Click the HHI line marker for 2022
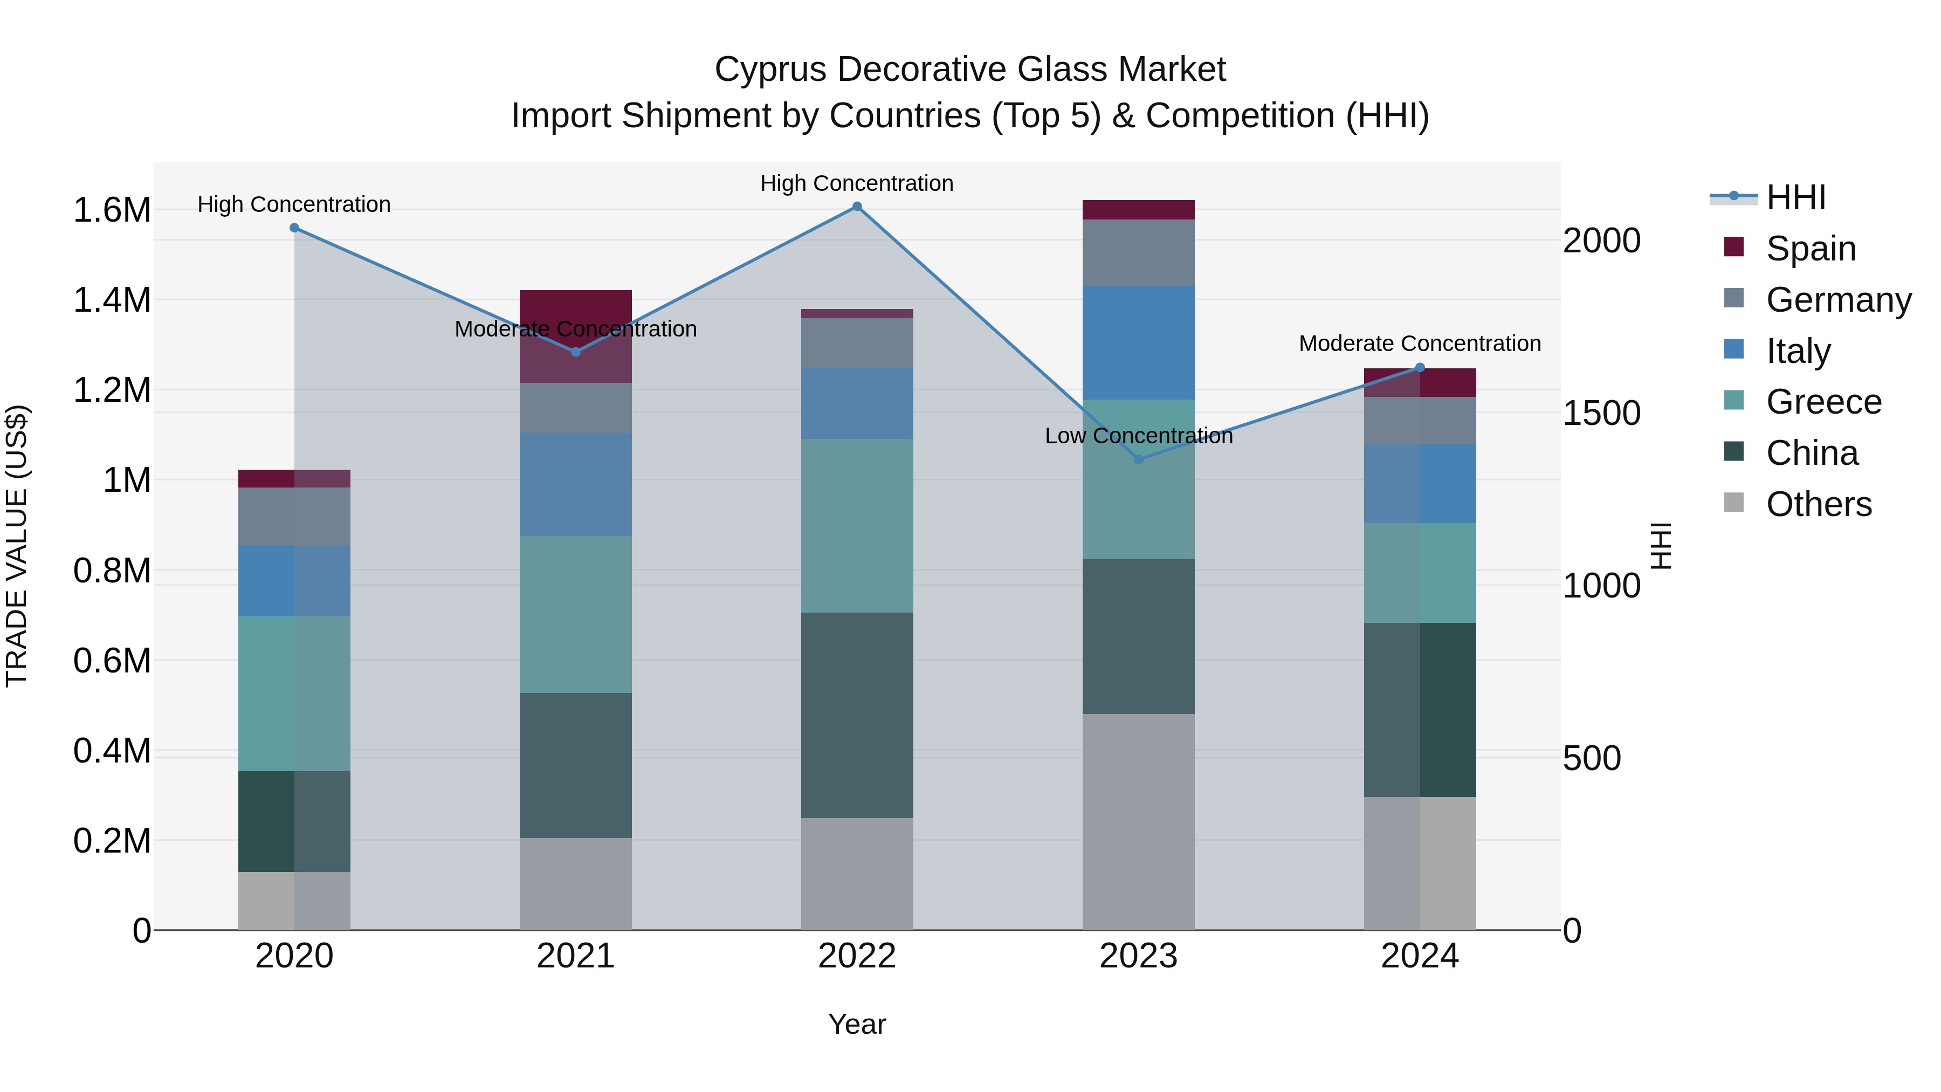point(857,207)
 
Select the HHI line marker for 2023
point(1139,459)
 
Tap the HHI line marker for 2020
point(294,228)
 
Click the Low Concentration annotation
point(1139,436)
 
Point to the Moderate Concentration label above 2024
point(1420,344)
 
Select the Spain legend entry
point(1811,249)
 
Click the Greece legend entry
point(1823,402)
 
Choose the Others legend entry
point(1818,504)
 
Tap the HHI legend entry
point(1795,197)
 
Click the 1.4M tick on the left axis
point(112,300)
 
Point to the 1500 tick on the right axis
point(1601,413)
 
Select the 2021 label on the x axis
point(576,956)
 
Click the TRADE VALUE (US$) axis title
point(17,546)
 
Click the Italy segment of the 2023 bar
point(1139,343)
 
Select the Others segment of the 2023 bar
point(1139,821)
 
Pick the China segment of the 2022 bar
point(857,715)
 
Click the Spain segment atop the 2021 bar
point(576,307)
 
